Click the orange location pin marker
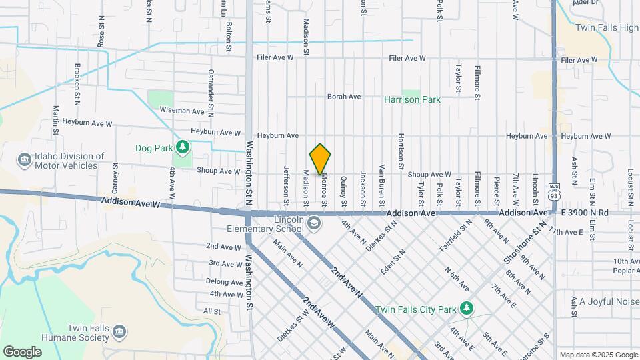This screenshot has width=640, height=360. [x=321, y=159]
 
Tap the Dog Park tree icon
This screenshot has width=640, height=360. [x=182, y=146]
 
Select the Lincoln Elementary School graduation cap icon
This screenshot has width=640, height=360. [x=313, y=225]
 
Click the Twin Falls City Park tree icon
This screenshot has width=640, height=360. [x=467, y=307]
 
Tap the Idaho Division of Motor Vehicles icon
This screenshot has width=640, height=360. [x=25, y=160]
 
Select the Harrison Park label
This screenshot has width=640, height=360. [x=413, y=99]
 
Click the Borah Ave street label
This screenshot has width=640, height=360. [x=344, y=97]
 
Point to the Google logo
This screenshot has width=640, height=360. [x=22, y=351]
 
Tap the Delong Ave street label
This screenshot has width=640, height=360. [x=224, y=282]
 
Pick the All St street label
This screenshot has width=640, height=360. [x=212, y=311]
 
